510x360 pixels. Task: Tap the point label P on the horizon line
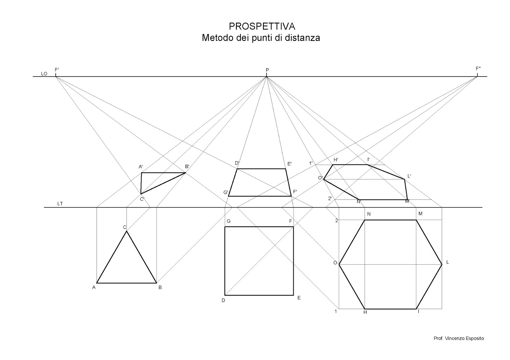pos(267,70)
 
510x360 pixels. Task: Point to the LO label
pos(44,74)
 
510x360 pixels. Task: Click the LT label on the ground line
pos(60,204)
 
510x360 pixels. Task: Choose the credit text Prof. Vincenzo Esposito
pos(459,338)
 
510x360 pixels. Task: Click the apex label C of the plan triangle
pos(125,227)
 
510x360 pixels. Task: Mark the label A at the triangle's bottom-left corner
pos(94,287)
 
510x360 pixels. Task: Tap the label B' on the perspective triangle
pos(187,167)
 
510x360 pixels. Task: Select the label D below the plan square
pos(223,300)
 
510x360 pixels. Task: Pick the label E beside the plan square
pos(299,298)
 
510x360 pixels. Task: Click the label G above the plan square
pos(228,221)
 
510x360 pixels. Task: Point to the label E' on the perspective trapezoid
pos(289,164)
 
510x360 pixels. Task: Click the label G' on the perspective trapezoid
pos(226,192)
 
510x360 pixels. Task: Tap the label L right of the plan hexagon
pos(448,262)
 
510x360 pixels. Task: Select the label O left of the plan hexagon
pos(335,263)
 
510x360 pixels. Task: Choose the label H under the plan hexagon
pos(365,312)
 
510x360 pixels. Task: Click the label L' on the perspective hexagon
pos(409,176)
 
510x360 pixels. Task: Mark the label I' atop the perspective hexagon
pos(368,159)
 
